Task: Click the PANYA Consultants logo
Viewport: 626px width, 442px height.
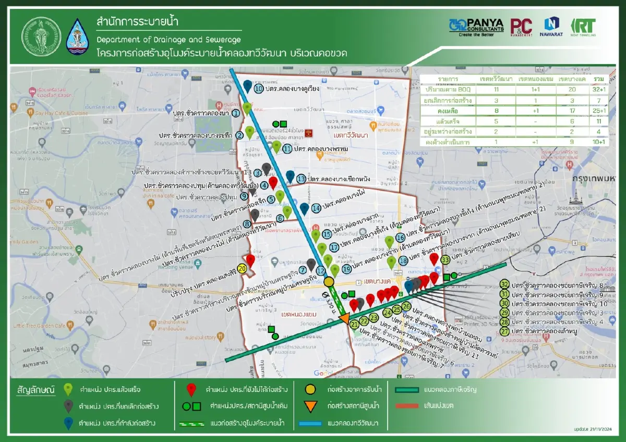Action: pos(476,28)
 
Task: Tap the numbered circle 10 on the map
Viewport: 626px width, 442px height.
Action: pos(259,89)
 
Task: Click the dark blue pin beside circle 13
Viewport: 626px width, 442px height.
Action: pos(290,176)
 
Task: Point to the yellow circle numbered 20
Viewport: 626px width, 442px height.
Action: pos(242,268)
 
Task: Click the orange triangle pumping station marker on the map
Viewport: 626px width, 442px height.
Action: pos(344,318)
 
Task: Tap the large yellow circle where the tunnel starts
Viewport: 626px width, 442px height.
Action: pos(329,282)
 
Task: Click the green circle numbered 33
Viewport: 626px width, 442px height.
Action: pos(445,259)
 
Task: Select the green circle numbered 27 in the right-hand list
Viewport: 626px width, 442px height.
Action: pos(504,331)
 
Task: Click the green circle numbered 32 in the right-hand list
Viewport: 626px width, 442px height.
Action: pos(504,284)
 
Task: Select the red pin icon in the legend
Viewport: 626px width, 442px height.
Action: pos(191,389)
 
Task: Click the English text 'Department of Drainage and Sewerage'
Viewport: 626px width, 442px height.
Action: pos(168,40)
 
